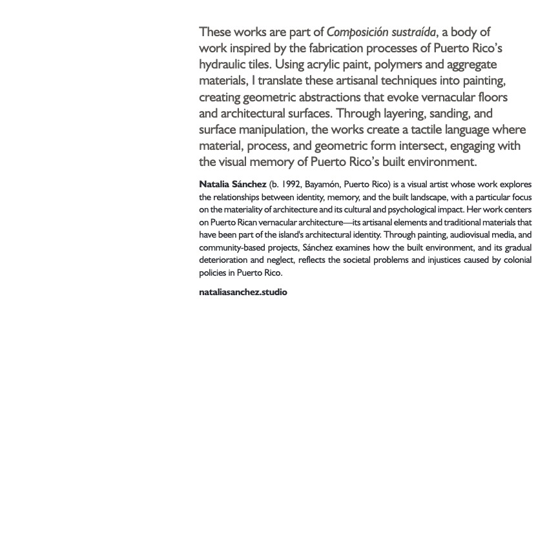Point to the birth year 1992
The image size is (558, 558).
291,185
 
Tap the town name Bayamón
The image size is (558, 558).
322,185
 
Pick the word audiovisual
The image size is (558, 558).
457,235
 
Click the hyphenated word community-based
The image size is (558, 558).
231,247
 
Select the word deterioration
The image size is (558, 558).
223,260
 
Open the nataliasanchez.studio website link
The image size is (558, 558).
243,292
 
